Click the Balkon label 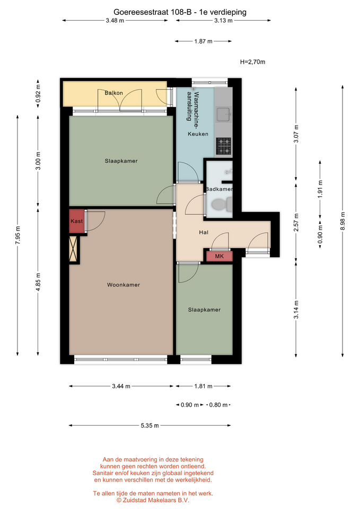coord(113,93)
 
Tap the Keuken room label coord(198,134)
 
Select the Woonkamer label coord(124,285)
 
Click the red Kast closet coord(76,221)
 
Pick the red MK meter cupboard coord(219,256)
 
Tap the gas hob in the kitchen coord(224,146)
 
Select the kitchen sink coord(224,114)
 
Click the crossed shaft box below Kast coord(74,249)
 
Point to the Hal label coord(204,232)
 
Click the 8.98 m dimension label coord(343,221)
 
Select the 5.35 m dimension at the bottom coord(150,425)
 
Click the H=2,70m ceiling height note coord(252,62)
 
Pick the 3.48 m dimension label coord(115,21)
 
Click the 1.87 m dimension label coord(204,41)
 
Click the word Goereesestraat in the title coord(141,12)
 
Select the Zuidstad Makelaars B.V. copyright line coord(153,500)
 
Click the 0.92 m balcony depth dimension coord(38,93)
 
